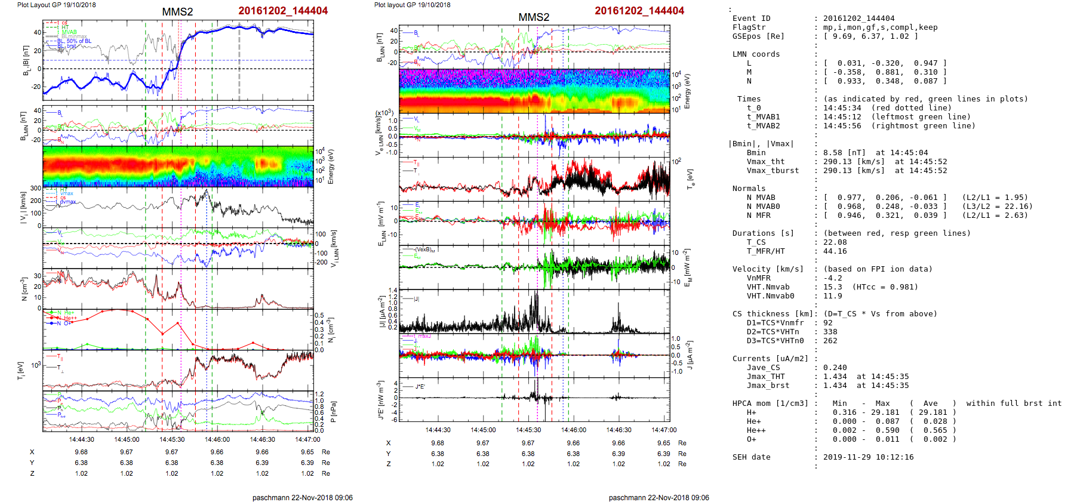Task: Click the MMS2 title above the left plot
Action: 177,12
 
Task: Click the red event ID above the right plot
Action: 639,11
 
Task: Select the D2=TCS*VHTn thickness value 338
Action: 830,332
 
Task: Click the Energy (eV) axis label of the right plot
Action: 687,91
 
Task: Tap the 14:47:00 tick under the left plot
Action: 307,439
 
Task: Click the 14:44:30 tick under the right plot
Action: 438,430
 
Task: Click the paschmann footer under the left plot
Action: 302,497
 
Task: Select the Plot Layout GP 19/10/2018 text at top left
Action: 56,5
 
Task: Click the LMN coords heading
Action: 756,54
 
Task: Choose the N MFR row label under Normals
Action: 758,215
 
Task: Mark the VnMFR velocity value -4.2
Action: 833,278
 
